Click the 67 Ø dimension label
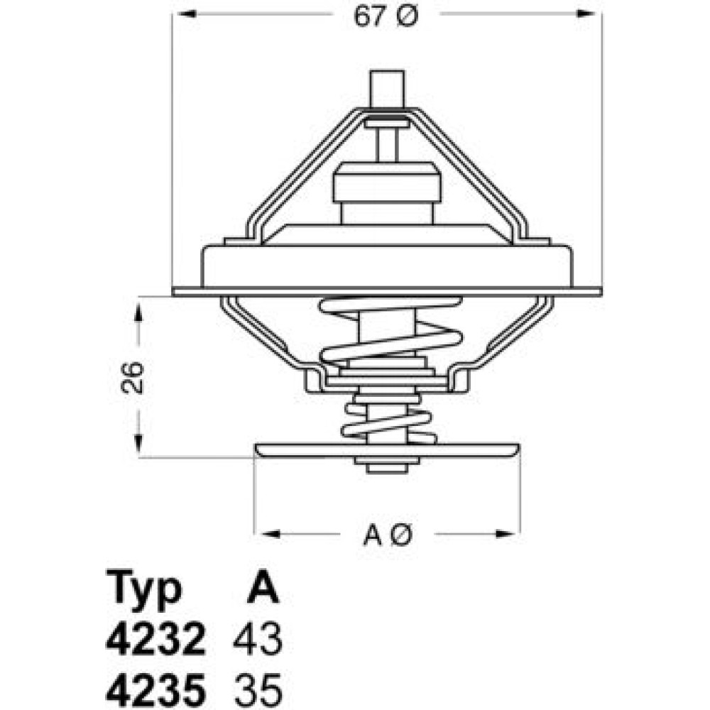pyautogui.click(x=386, y=17)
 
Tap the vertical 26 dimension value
pyautogui.click(x=133, y=377)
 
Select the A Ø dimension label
pyautogui.click(x=388, y=535)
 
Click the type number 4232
pyautogui.click(x=155, y=640)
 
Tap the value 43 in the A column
pyautogui.click(x=258, y=640)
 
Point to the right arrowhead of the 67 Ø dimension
pyautogui.click(x=586, y=13)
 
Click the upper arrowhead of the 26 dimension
pyautogui.click(x=138, y=312)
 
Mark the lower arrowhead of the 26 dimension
pyautogui.click(x=138, y=442)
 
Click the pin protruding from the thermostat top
pyautogui.click(x=387, y=89)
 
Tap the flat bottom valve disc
pyautogui.click(x=387, y=450)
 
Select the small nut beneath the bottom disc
pyautogui.click(x=387, y=465)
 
